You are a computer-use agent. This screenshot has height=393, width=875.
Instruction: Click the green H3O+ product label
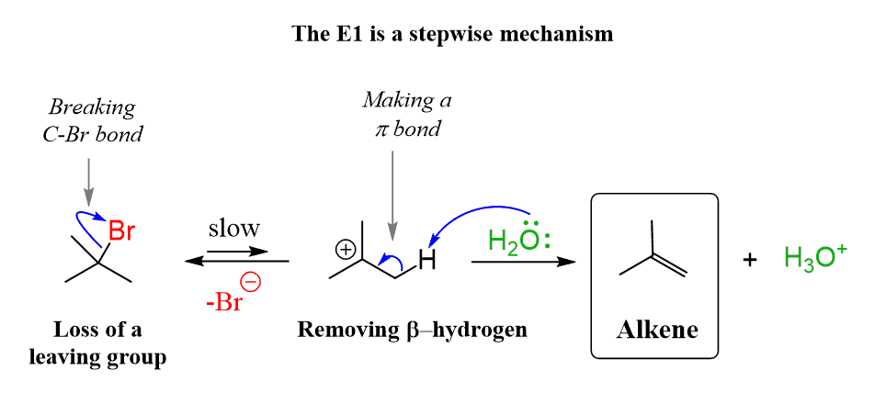[815, 260]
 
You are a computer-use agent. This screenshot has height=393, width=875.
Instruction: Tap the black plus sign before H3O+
[750, 261]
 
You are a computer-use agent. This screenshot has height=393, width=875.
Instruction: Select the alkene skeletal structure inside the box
[653, 252]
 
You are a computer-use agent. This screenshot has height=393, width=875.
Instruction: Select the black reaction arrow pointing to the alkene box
[523, 263]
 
